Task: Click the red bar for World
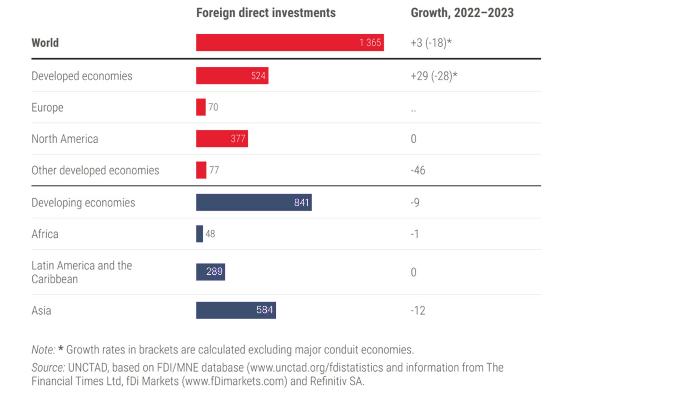pyautogui.click(x=289, y=43)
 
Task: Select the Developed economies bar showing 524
pyautogui.click(x=232, y=76)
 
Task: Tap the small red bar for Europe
pyautogui.click(x=201, y=107)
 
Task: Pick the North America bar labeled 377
pyautogui.click(x=222, y=139)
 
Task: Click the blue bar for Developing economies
pyautogui.click(x=254, y=202)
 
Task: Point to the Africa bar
pyautogui.click(x=199, y=234)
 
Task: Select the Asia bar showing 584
pyautogui.click(x=236, y=310)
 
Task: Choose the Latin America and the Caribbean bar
pyautogui.click(x=210, y=272)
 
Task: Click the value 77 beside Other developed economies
pyautogui.click(x=214, y=170)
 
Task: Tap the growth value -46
pyautogui.click(x=418, y=171)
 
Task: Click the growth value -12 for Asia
pyautogui.click(x=418, y=311)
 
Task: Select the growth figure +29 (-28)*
pyautogui.click(x=434, y=76)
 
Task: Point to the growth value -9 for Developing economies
pyautogui.click(x=415, y=202)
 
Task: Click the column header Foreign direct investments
pyautogui.click(x=266, y=13)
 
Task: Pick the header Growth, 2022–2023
pyautogui.click(x=462, y=13)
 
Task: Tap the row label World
pyautogui.click(x=45, y=43)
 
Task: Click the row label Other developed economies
pyautogui.click(x=95, y=171)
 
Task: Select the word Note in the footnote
pyautogui.click(x=43, y=350)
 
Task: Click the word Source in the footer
pyautogui.click(x=48, y=368)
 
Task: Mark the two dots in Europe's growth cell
pyautogui.click(x=413, y=110)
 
